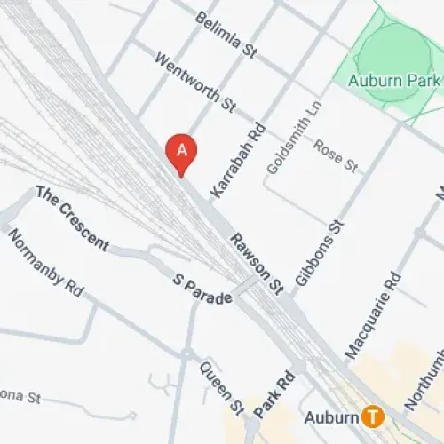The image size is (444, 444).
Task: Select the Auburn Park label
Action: pyautogui.click(x=394, y=81)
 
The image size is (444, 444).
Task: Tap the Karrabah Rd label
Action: pyautogui.click(x=226, y=160)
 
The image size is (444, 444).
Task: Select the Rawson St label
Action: pyautogui.click(x=256, y=263)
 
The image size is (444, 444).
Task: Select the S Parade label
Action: pyautogui.click(x=203, y=289)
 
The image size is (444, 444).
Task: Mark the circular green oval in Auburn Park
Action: pyautogui.click(x=395, y=49)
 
